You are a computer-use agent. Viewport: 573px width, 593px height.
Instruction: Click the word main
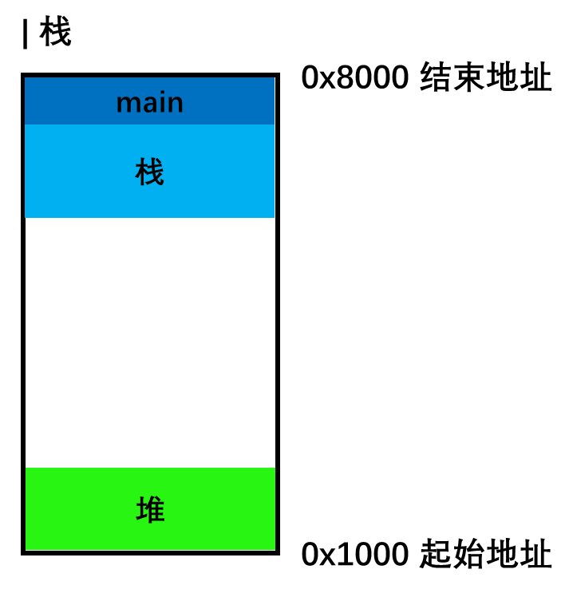(149, 103)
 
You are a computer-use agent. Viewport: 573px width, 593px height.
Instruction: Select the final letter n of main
(175, 104)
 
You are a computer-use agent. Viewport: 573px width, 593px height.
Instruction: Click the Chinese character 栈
(149, 172)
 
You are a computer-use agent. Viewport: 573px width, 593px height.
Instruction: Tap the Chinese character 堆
(150, 510)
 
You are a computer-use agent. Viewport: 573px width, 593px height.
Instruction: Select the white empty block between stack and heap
(150, 342)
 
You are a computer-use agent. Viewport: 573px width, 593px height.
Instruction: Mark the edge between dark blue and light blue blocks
(150, 125)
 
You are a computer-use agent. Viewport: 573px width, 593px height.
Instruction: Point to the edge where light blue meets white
(150, 217)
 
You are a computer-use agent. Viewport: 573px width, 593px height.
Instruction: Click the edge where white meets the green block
(150, 468)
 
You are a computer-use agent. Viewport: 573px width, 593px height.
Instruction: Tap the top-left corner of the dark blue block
(26, 78)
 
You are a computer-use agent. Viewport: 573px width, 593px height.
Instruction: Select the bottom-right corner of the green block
(275, 549)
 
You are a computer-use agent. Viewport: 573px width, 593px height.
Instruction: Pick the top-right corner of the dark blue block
(274, 78)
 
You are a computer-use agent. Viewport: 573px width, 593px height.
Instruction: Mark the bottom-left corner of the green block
(26, 549)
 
